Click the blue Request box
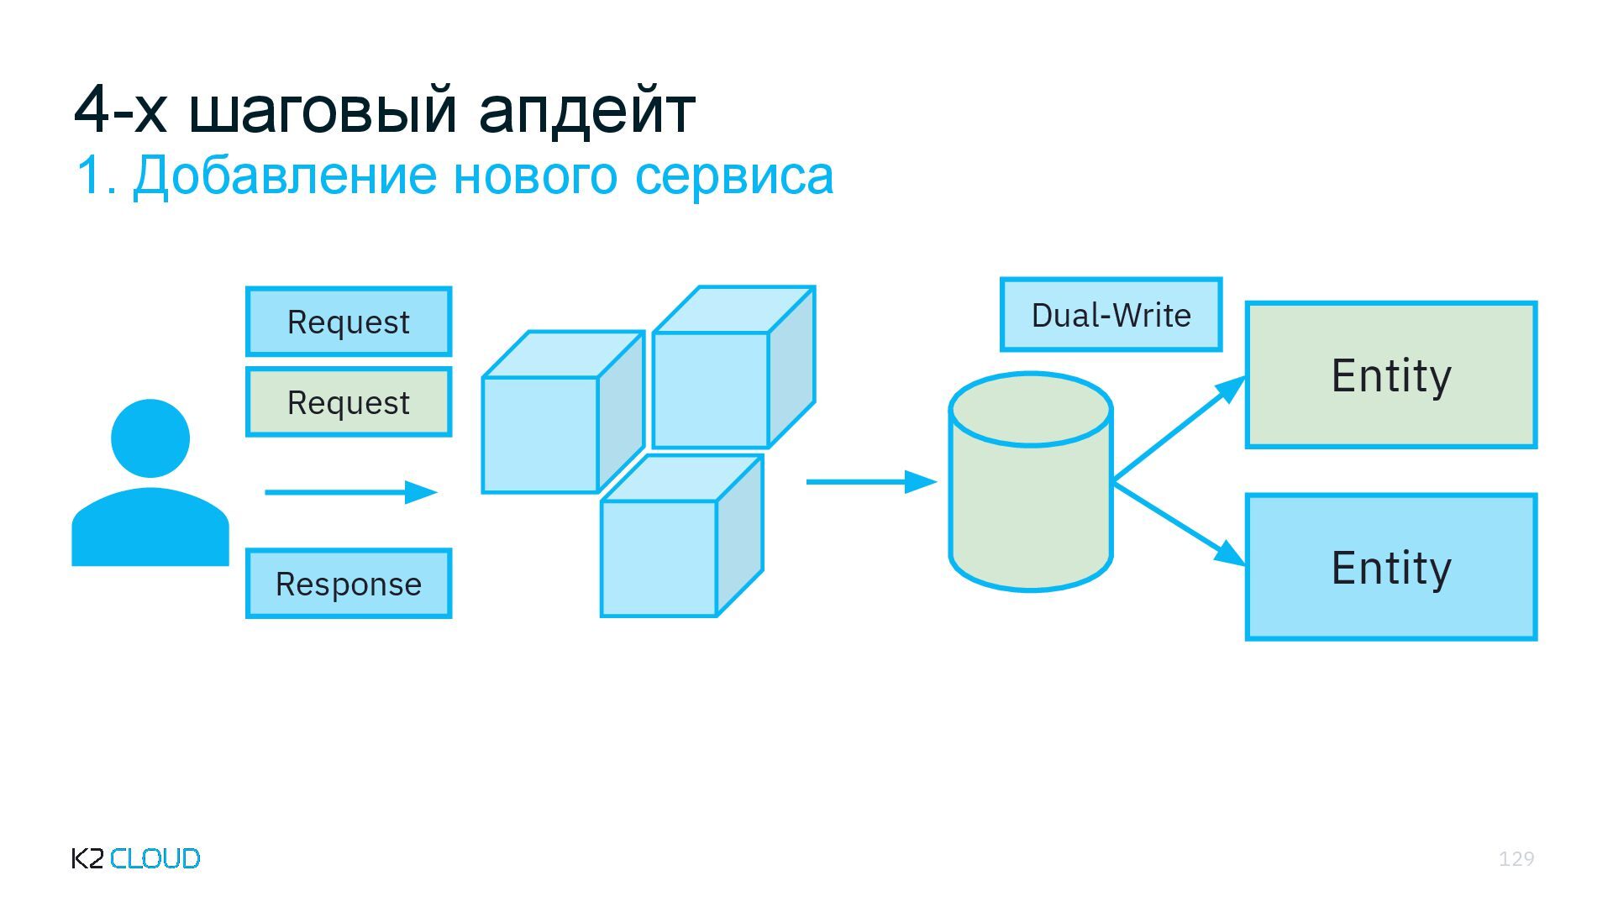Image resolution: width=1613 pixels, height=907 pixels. pos(349,322)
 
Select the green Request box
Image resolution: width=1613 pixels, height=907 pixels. pos(349,402)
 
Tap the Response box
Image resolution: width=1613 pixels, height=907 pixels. pos(349,584)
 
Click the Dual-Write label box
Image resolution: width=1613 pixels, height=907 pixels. pos(1111,315)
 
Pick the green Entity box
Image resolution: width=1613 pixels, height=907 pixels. pos(1391,375)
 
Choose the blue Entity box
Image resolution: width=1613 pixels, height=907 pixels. pos(1391,568)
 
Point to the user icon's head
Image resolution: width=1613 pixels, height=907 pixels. pos(150,438)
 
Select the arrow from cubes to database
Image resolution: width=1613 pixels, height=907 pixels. pos(871,482)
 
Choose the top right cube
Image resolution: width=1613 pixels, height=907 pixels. pos(712,389)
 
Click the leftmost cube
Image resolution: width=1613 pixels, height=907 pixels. pos(540,433)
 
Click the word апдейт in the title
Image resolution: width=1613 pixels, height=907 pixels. pos(586,110)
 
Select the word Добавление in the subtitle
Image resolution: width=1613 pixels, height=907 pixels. pos(285,176)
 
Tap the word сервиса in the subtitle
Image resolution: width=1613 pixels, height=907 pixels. pos(733,176)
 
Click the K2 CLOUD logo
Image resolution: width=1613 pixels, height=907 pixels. pos(136,858)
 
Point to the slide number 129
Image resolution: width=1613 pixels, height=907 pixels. pos(1516,858)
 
